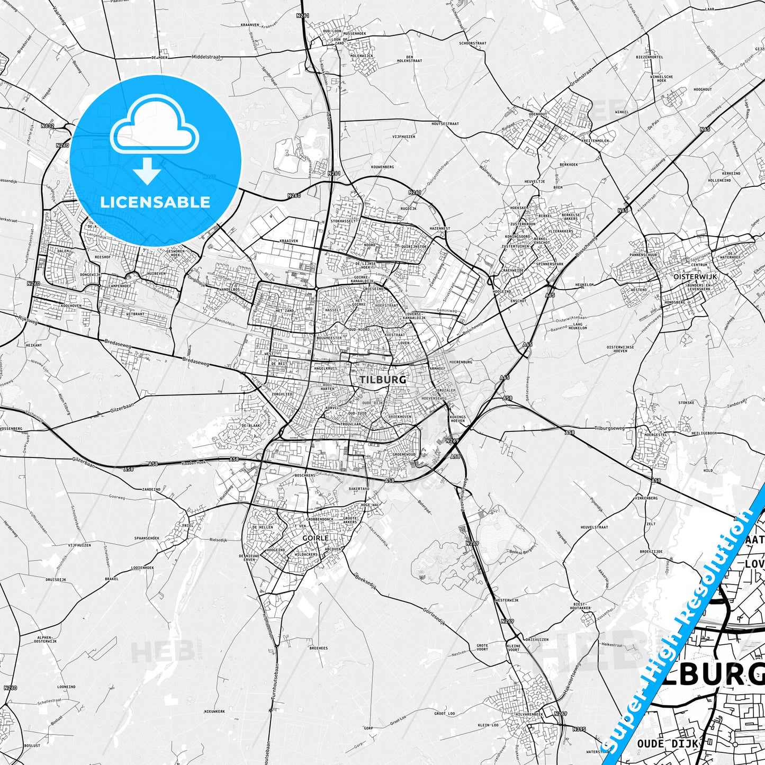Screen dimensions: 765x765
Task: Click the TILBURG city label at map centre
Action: [375, 380]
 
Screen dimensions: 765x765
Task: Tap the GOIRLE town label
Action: [316, 538]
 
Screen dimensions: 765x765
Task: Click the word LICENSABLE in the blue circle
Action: [155, 202]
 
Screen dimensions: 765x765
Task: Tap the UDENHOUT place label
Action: [537, 114]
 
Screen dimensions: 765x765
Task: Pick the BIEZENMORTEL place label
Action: [649, 57]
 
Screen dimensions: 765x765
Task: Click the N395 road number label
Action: [579, 729]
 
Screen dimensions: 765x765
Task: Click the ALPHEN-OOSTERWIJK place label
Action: [46, 639]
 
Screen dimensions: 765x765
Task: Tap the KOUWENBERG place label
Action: [382, 167]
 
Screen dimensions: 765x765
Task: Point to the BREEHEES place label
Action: [318, 648]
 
